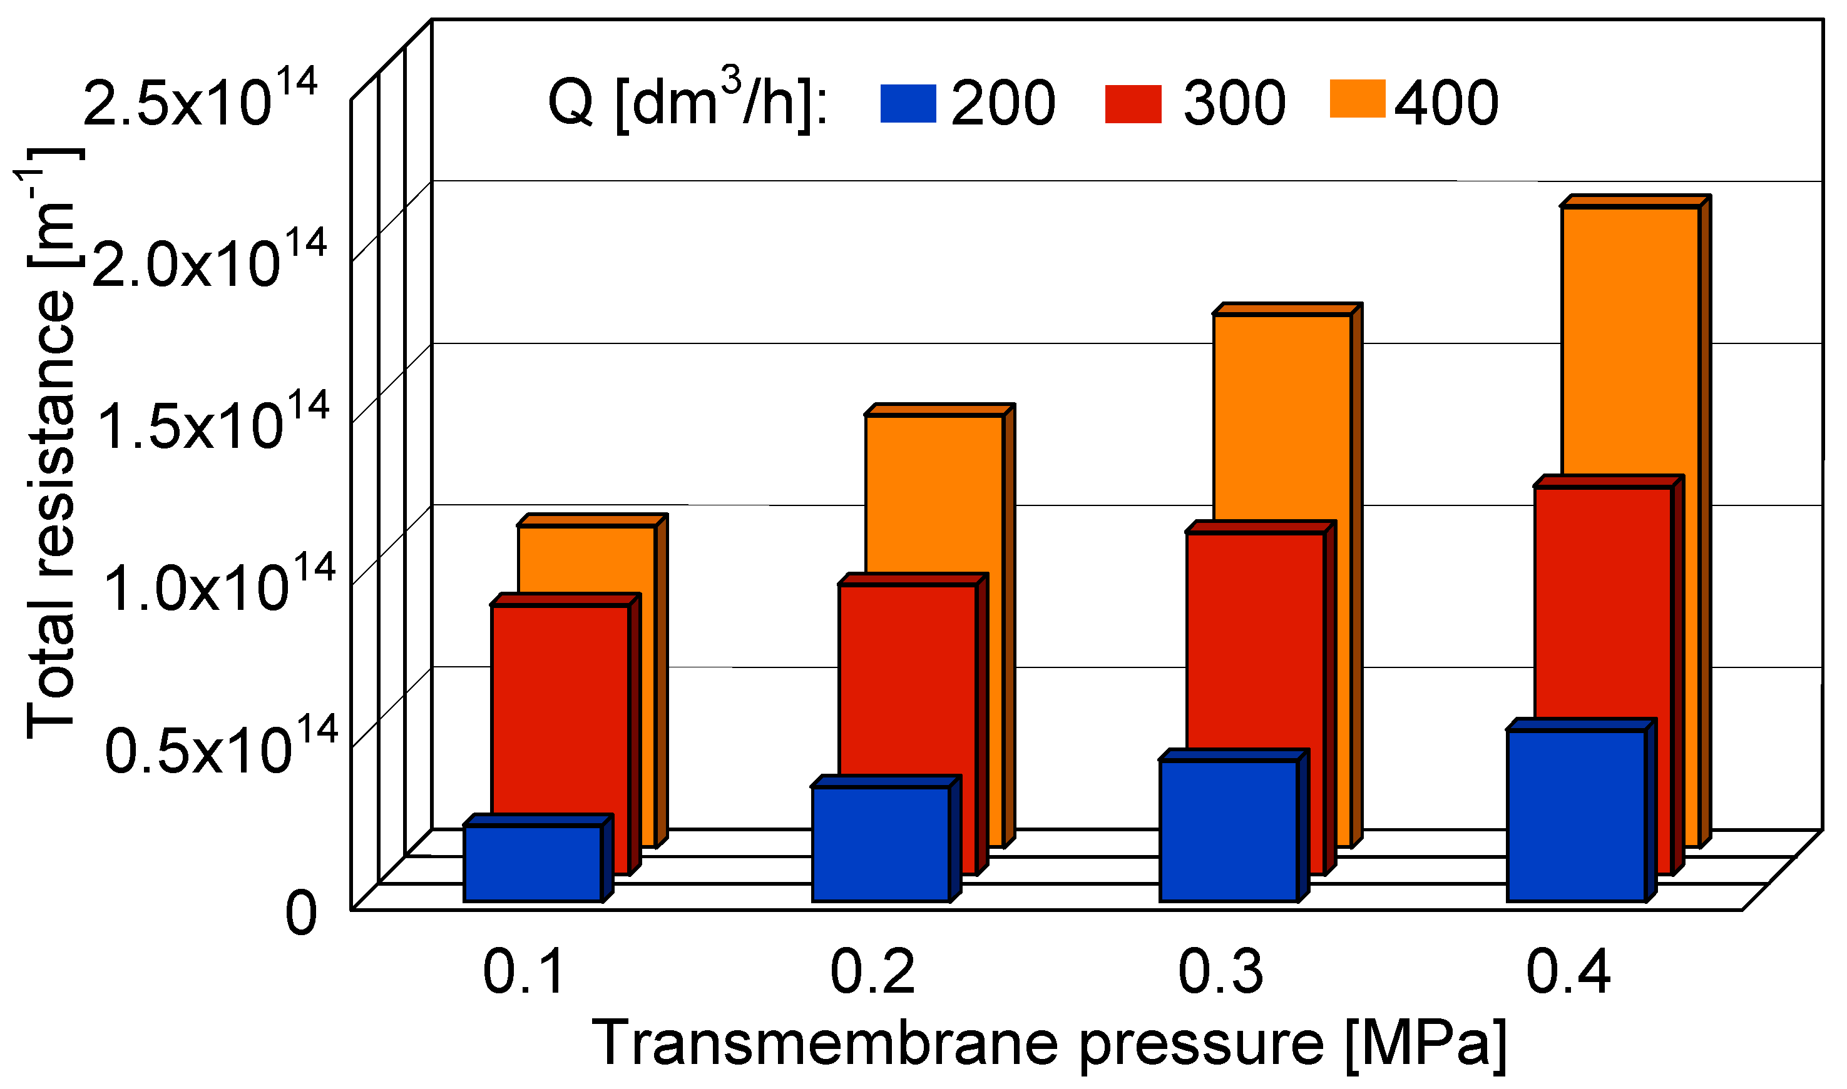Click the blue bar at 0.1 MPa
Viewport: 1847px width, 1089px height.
pyautogui.click(x=534, y=863)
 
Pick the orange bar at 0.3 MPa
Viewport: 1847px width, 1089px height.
pyautogui.click(x=1282, y=418)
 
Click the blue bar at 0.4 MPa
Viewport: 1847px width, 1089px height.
pyautogui.click(x=1577, y=814)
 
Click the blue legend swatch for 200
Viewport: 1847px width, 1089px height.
pyautogui.click(x=909, y=103)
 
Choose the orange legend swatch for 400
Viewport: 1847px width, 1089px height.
pyautogui.click(x=1358, y=98)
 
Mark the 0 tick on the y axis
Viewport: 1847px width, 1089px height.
pyautogui.click(x=301, y=914)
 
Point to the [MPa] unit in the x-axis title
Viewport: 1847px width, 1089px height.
pyautogui.click(x=1426, y=1044)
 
